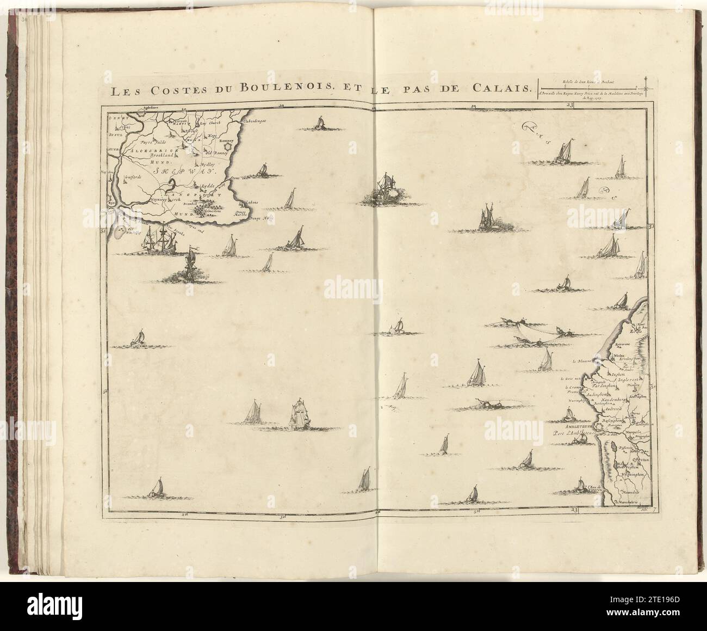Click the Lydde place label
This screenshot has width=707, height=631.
[208, 186]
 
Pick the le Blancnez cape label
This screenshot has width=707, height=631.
[581, 361]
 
